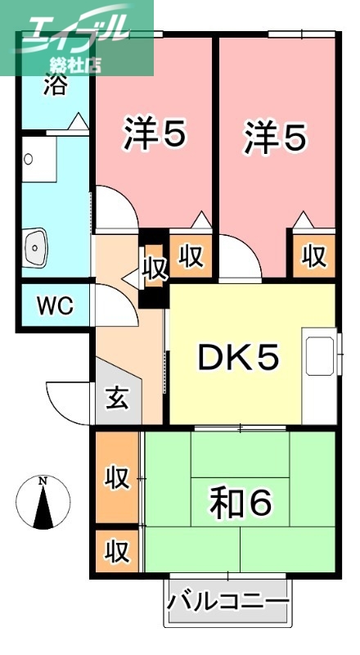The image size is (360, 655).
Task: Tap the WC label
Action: [55, 306]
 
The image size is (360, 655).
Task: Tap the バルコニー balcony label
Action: [228, 603]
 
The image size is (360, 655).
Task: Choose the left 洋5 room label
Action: [155, 136]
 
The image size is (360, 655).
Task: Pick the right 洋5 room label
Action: [274, 136]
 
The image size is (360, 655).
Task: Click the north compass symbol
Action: [43, 501]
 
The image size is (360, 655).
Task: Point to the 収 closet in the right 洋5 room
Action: [313, 255]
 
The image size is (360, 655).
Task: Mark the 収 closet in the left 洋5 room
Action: [191, 255]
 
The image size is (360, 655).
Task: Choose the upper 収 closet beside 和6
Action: [116, 477]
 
